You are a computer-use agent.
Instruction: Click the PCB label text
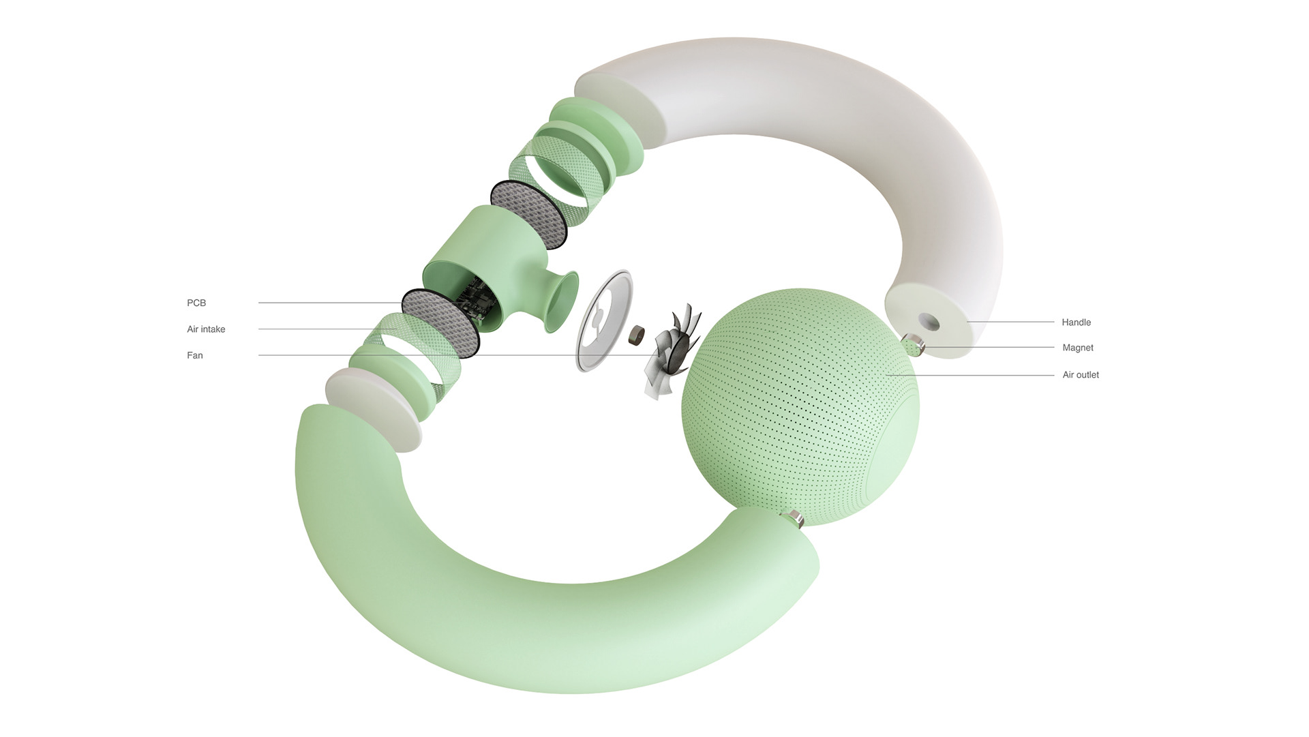click(x=196, y=303)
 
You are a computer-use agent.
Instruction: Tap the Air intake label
click(x=206, y=329)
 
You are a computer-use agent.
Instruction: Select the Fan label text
click(x=195, y=355)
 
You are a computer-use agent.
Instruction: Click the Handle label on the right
click(x=1076, y=322)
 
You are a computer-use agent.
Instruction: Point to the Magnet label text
click(x=1077, y=348)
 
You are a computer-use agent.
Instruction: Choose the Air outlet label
click(x=1081, y=375)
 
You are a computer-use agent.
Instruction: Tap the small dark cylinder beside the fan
click(x=637, y=333)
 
